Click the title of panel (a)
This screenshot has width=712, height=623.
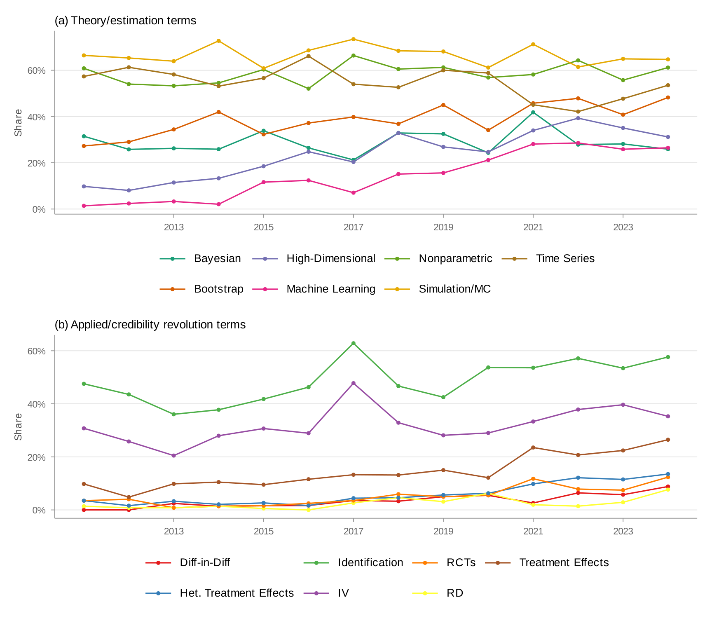point(125,21)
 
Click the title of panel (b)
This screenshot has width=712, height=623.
point(150,325)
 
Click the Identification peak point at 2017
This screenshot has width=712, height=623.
point(353,343)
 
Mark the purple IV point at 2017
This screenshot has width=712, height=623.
point(353,383)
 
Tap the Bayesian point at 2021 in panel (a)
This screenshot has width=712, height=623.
point(533,112)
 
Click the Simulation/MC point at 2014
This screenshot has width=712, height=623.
point(218,41)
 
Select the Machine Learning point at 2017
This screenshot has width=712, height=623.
point(353,193)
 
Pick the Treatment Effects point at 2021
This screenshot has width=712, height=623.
point(533,447)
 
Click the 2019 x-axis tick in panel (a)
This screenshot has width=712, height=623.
point(443,227)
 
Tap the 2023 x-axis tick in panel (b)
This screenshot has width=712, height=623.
point(623,532)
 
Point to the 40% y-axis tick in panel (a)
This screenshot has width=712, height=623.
point(36,117)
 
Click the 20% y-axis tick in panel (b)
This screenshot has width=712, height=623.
point(36,457)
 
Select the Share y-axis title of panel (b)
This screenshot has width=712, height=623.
point(18,427)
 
